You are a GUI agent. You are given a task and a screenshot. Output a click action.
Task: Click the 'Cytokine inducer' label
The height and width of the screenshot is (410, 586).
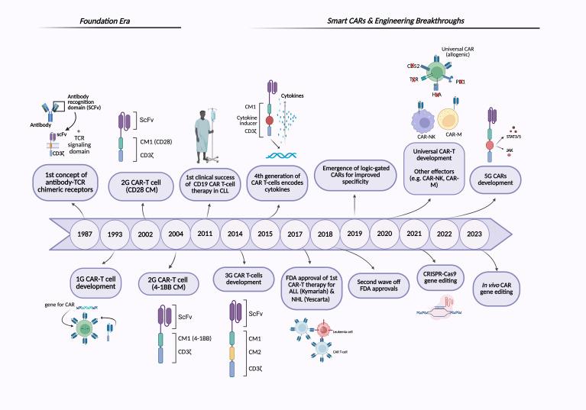(x=248, y=121)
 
